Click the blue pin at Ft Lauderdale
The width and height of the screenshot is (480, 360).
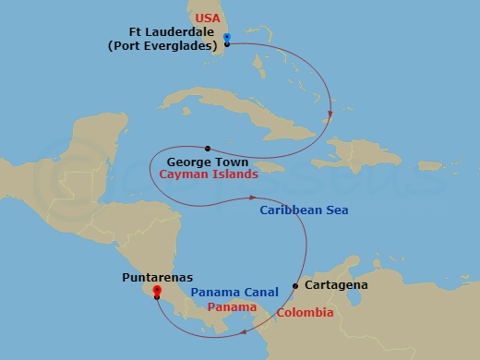(227, 38)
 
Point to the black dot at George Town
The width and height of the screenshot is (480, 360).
(209, 148)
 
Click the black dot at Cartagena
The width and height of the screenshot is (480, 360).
(295, 285)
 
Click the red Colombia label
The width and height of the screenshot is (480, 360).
(306, 313)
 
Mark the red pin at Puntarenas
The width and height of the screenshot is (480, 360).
(157, 293)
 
